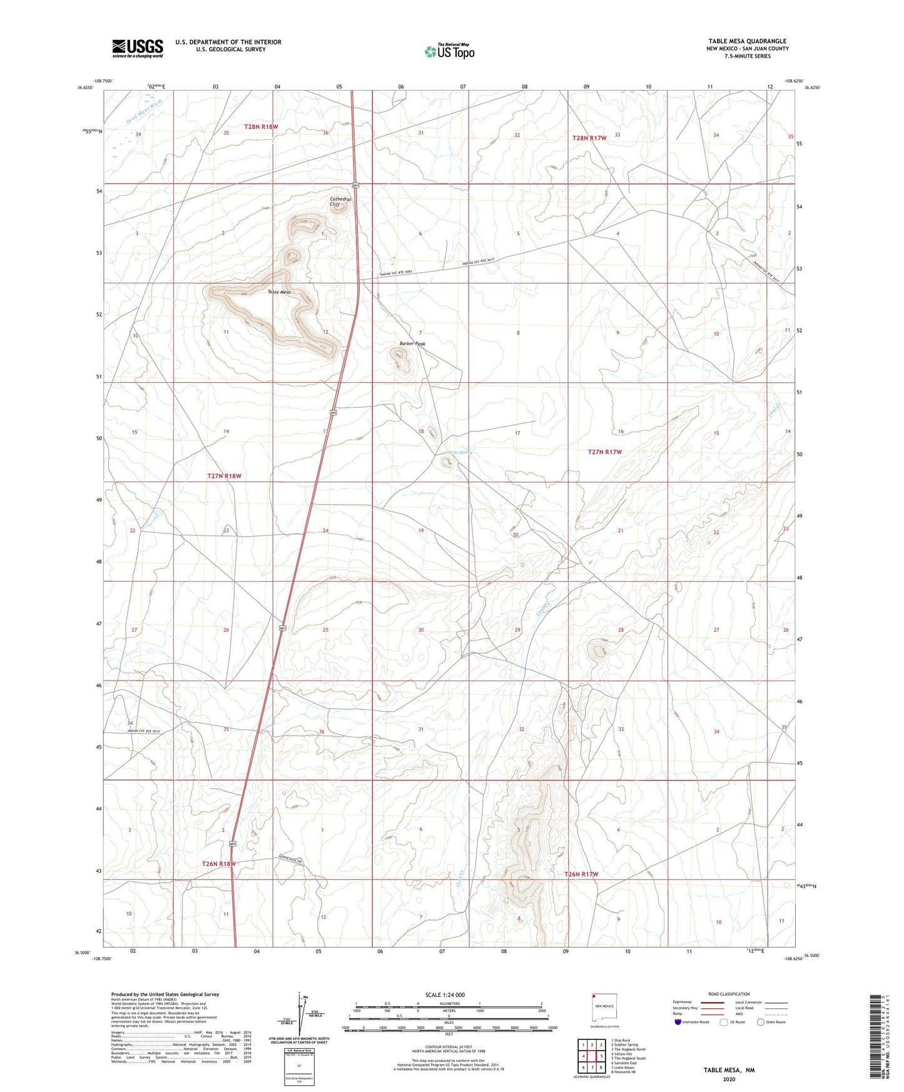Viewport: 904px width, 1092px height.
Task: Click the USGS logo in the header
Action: coord(138,48)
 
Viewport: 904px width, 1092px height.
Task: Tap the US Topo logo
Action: coord(449,51)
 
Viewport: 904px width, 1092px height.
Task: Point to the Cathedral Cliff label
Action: coord(340,201)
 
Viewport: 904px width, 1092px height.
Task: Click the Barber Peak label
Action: coord(412,344)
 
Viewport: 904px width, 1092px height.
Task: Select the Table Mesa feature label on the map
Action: coord(279,292)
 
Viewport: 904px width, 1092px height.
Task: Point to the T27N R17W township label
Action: coord(604,452)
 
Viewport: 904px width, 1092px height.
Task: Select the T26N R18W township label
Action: coord(218,864)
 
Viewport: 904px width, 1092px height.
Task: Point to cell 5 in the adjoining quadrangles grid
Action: coord(601,1056)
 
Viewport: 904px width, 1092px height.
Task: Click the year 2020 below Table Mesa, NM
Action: coord(729,1079)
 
